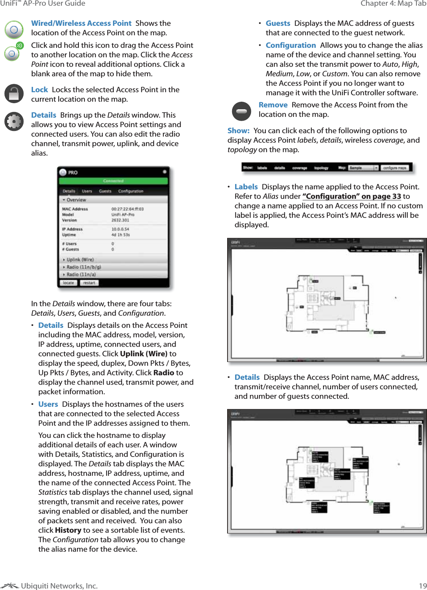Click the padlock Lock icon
pyautogui.click(x=14, y=94)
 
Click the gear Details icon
pyautogui.click(x=14, y=122)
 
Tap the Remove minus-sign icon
pyautogui.click(x=241, y=111)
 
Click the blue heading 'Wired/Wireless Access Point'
pyautogui.click(x=81, y=23)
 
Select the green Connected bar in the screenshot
pyautogui.click(x=113, y=181)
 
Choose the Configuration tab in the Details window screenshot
pyautogui.click(x=130, y=191)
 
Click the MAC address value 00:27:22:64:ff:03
pyautogui.click(x=127, y=209)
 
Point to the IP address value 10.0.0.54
pyautogui.click(x=120, y=229)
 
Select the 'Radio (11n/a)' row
pyautogui.click(x=81, y=274)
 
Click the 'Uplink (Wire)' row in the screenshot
pyautogui.click(x=80, y=260)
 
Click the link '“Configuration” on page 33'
pyautogui.click(x=352, y=196)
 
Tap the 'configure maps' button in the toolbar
pyautogui.click(x=394, y=168)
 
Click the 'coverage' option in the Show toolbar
pyautogui.click(x=300, y=168)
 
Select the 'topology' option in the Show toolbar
pyautogui.click(x=321, y=168)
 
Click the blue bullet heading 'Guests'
pyautogui.click(x=278, y=23)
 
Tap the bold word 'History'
pyautogui.click(x=68, y=530)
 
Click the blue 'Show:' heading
pyautogui.click(x=239, y=131)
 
